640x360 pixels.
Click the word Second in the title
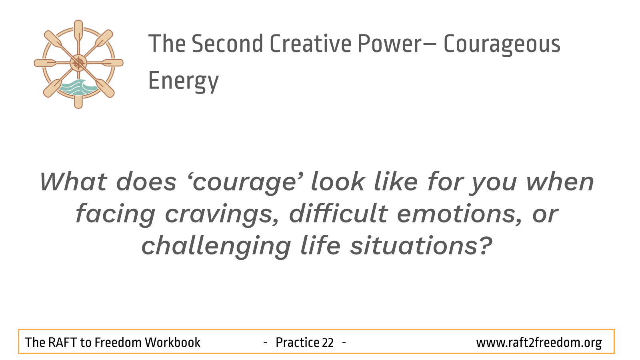[x=227, y=44]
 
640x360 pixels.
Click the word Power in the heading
[x=390, y=44]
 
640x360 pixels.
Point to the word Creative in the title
[x=310, y=44]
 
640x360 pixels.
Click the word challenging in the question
[x=216, y=246]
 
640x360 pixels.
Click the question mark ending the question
[x=484, y=245]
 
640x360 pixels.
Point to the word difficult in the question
[x=338, y=214]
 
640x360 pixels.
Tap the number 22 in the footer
[x=328, y=342]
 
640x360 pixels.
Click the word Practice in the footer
[x=297, y=342]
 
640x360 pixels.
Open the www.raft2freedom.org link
[x=539, y=343]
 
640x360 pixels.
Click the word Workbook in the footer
[x=172, y=342]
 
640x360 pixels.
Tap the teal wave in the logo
[x=78, y=87]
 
